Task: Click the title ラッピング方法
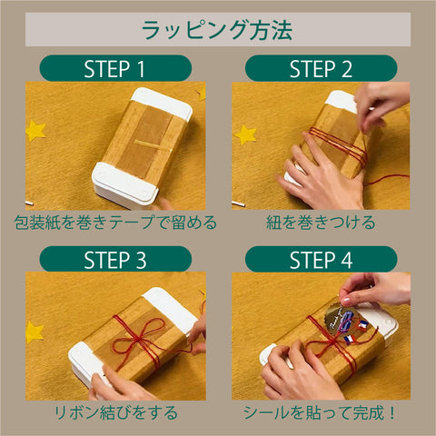217,30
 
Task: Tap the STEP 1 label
114,69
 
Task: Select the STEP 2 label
321,69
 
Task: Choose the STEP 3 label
115,260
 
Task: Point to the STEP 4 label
321,260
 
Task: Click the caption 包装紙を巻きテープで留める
115,223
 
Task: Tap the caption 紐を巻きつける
321,223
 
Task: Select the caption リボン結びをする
115,412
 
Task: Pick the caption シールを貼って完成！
320,412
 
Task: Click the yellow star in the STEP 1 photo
35,131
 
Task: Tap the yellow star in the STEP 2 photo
245,134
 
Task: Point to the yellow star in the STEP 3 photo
34,332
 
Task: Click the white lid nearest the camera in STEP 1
124,184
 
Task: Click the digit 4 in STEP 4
347,260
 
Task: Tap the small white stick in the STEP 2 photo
238,203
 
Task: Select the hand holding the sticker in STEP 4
374,289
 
